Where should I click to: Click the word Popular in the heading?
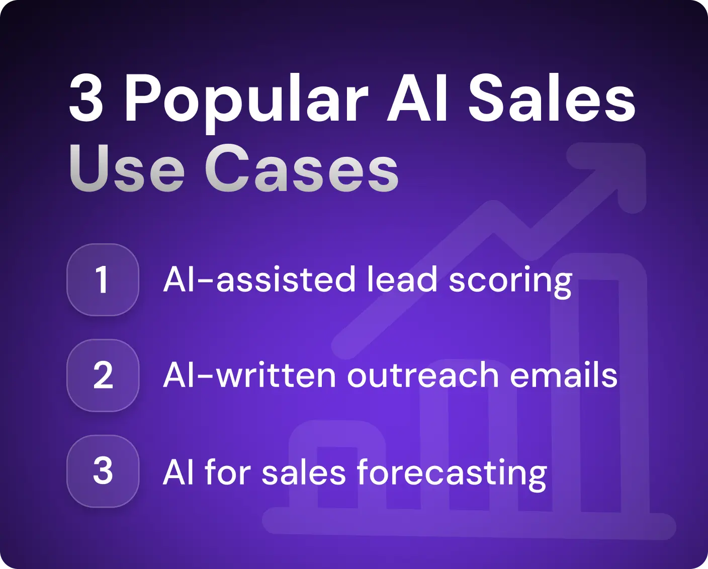pyautogui.click(x=246, y=100)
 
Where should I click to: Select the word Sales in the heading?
pyautogui.click(x=552, y=100)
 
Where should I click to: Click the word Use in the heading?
pyautogui.click(x=127, y=169)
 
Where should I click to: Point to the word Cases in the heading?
pyautogui.click(x=302, y=169)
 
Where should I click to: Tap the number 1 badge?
pyautogui.click(x=103, y=279)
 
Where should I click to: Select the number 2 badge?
pyautogui.click(x=103, y=375)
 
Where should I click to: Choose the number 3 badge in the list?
pyautogui.click(x=103, y=471)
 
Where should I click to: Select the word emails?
pyautogui.click(x=563, y=375)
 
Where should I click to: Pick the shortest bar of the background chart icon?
pyautogui.click(x=337, y=472)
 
